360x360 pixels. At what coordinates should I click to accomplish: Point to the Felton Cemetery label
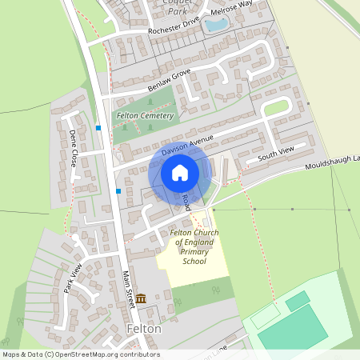tap(145, 116)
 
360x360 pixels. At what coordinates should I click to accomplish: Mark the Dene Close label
tap(74, 148)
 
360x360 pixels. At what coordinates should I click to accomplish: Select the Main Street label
tap(128, 286)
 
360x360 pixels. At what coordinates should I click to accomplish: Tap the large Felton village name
tap(144, 329)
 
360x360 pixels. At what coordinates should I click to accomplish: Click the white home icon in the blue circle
tap(180, 173)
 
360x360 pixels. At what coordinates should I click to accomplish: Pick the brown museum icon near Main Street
tap(141, 298)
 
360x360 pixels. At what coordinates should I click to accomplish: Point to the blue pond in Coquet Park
tap(215, 25)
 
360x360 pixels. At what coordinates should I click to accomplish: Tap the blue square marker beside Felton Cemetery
tap(98, 127)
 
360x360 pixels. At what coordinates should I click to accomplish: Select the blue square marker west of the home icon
tap(119, 191)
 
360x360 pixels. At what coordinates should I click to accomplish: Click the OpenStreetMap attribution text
tap(81, 354)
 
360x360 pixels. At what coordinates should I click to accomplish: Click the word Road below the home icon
tap(186, 202)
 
